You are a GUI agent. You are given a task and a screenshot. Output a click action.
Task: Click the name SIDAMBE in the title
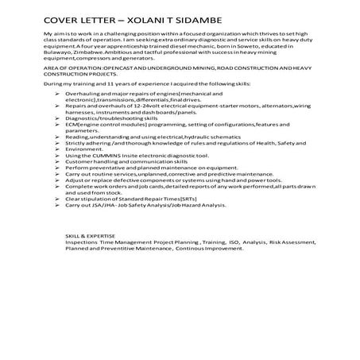pos(199,17)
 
